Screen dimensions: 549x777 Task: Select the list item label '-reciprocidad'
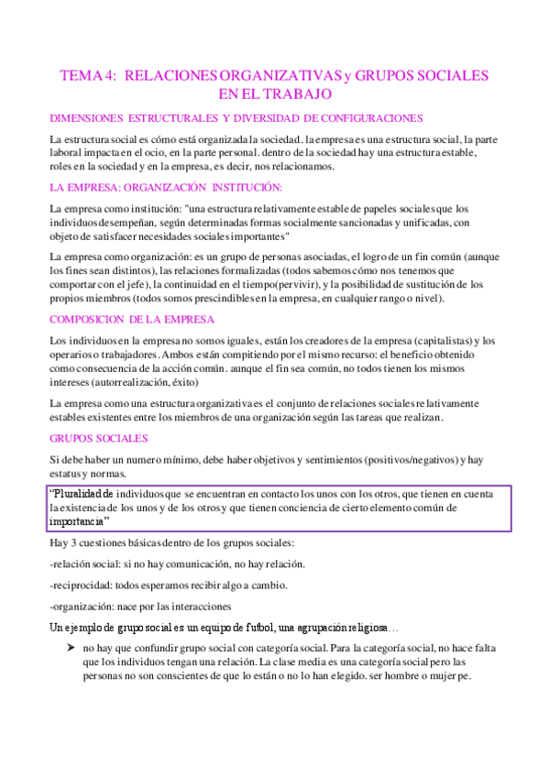[82, 585]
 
